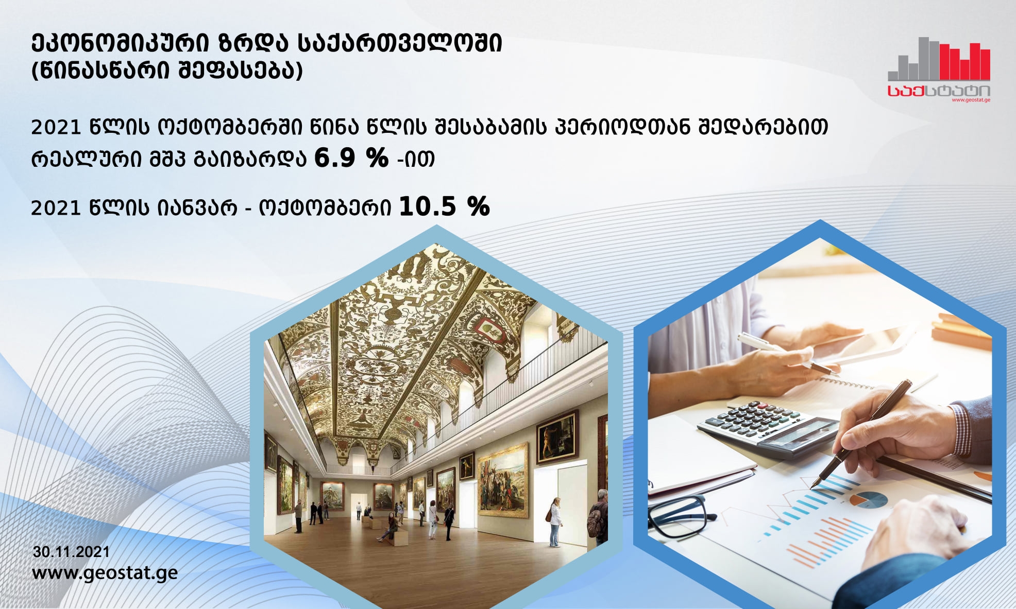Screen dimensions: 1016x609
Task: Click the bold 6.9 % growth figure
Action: point(351,158)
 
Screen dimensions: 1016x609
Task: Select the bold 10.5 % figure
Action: point(444,206)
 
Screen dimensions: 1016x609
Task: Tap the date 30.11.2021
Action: point(72,552)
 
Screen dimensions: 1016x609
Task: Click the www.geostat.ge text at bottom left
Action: point(105,573)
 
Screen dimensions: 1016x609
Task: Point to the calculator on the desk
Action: point(768,427)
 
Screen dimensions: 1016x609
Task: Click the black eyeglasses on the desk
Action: point(680,515)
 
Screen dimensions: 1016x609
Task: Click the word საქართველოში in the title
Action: point(400,44)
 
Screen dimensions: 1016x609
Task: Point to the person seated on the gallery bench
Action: point(388,528)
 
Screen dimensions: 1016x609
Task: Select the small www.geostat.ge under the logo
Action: point(971,100)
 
